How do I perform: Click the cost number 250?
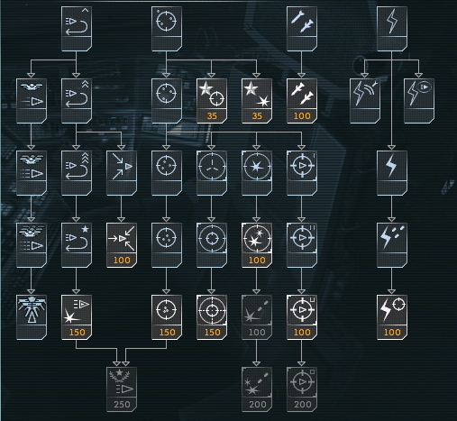122,404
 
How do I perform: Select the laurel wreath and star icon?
119,376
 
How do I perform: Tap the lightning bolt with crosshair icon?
392,309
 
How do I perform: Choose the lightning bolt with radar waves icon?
364,93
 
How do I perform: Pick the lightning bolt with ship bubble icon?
419,93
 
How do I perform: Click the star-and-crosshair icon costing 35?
212,94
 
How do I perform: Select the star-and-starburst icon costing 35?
257,94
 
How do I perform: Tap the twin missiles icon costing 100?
302,93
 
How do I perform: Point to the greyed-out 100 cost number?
257,332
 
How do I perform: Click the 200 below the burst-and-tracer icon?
258,404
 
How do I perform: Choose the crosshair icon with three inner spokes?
212,166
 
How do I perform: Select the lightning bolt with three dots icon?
392,237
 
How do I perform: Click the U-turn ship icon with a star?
77,238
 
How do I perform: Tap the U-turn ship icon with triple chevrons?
77,166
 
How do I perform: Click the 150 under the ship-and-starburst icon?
78,332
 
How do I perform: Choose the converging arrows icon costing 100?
122,238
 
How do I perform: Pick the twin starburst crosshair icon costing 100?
257,238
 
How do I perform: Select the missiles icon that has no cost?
302,21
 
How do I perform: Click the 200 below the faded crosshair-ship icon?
303,404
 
